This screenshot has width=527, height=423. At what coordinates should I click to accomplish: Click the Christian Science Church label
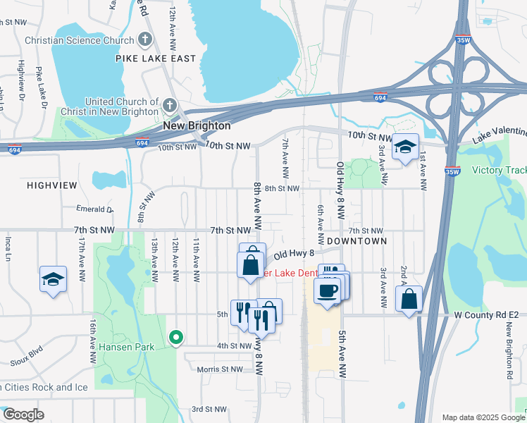click(x=79, y=40)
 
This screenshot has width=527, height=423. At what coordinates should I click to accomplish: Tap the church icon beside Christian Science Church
click(x=145, y=40)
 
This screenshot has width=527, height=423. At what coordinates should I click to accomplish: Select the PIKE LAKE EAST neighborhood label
click(x=156, y=59)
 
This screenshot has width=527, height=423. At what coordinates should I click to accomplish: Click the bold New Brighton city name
click(x=197, y=125)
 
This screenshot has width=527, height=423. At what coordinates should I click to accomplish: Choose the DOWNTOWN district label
click(x=357, y=241)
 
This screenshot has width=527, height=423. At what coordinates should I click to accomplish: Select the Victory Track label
click(x=499, y=170)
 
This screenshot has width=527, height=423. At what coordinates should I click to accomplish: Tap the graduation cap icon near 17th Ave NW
click(x=53, y=280)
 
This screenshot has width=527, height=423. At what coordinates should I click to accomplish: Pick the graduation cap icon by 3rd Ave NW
click(x=405, y=147)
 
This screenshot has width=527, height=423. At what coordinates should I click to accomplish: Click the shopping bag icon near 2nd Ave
click(x=409, y=300)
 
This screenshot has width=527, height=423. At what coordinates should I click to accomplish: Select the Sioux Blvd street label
click(x=27, y=356)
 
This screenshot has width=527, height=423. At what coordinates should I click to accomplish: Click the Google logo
click(x=23, y=415)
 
